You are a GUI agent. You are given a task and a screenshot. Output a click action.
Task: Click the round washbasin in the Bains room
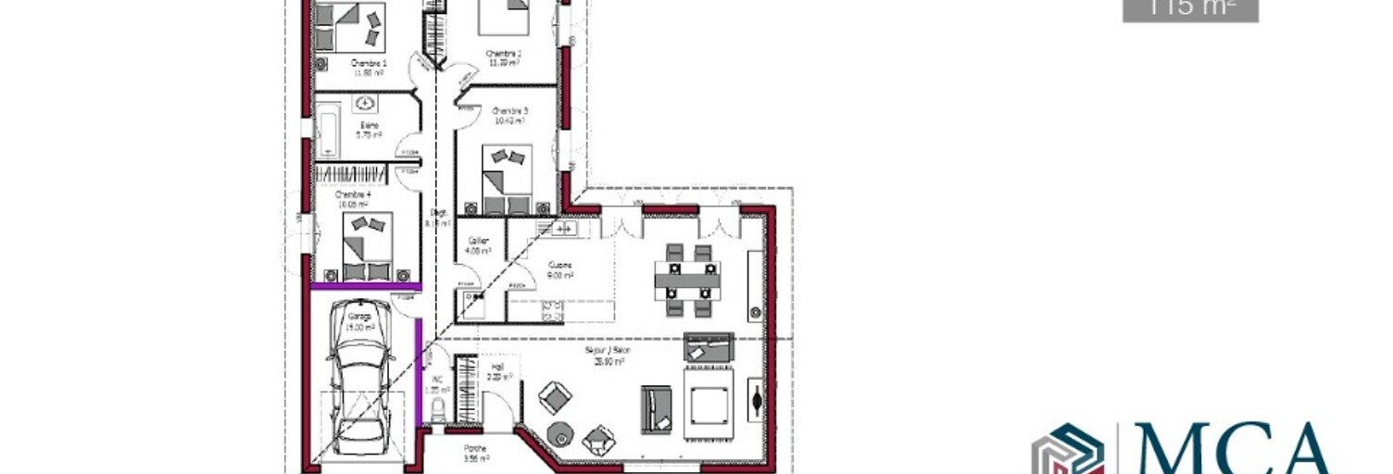tap(367, 103)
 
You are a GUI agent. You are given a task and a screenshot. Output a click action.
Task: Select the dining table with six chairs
tap(687, 276)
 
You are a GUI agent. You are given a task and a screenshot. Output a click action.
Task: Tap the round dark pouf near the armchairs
tap(562, 432)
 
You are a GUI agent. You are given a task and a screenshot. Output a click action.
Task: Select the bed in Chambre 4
tap(368, 246)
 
